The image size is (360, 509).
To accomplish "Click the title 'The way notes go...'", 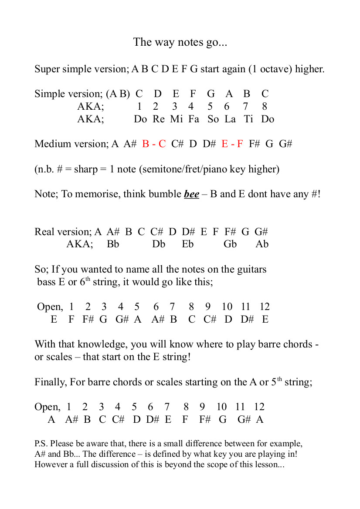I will [x=180, y=42].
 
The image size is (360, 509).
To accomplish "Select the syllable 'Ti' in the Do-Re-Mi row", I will [x=248, y=119].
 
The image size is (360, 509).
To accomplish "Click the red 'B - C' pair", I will [x=154, y=144].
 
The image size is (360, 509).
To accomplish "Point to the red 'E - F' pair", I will [x=232, y=144].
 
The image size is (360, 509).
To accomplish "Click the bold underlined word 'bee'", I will [x=192, y=194].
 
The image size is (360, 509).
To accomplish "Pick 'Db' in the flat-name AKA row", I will [x=159, y=244].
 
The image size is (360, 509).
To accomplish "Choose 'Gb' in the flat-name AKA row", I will [x=230, y=244].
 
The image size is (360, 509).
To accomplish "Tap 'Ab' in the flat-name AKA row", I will [x=262, y=244].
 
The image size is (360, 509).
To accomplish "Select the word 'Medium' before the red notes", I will [x=51, y=144].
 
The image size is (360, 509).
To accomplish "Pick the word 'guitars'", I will [x=250, y=270].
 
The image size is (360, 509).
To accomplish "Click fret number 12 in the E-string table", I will [x=265, y=307].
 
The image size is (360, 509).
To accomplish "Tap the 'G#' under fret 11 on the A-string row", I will [x=244, y=420].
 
